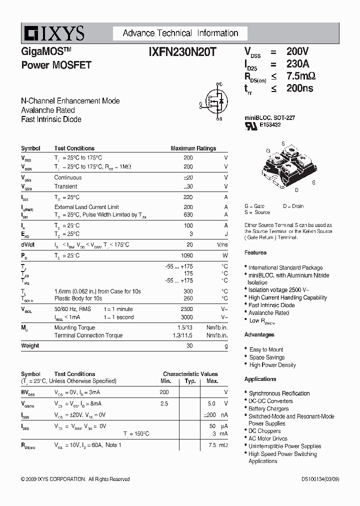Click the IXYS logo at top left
click(x=52, y=33)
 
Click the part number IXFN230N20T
click(x=182, y=51)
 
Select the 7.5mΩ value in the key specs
click(x=300, y=76)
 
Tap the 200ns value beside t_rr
click(x=299, y=88)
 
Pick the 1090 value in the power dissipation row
click(x=186, y=255)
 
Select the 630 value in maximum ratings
click(x=188, y=214)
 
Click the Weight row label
click(x=30, y=345)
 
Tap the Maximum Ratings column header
click(x=193, y=148)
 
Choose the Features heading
click(x=255, y=252)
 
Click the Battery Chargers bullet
click(x=268, y=408)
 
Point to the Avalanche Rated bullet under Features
click(x=268, y=313)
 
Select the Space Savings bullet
click(x=267, y=357)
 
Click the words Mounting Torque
click(x=74, y=327)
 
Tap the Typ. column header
click(x=190, y=381)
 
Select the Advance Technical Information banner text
click(x=180, y=33)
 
